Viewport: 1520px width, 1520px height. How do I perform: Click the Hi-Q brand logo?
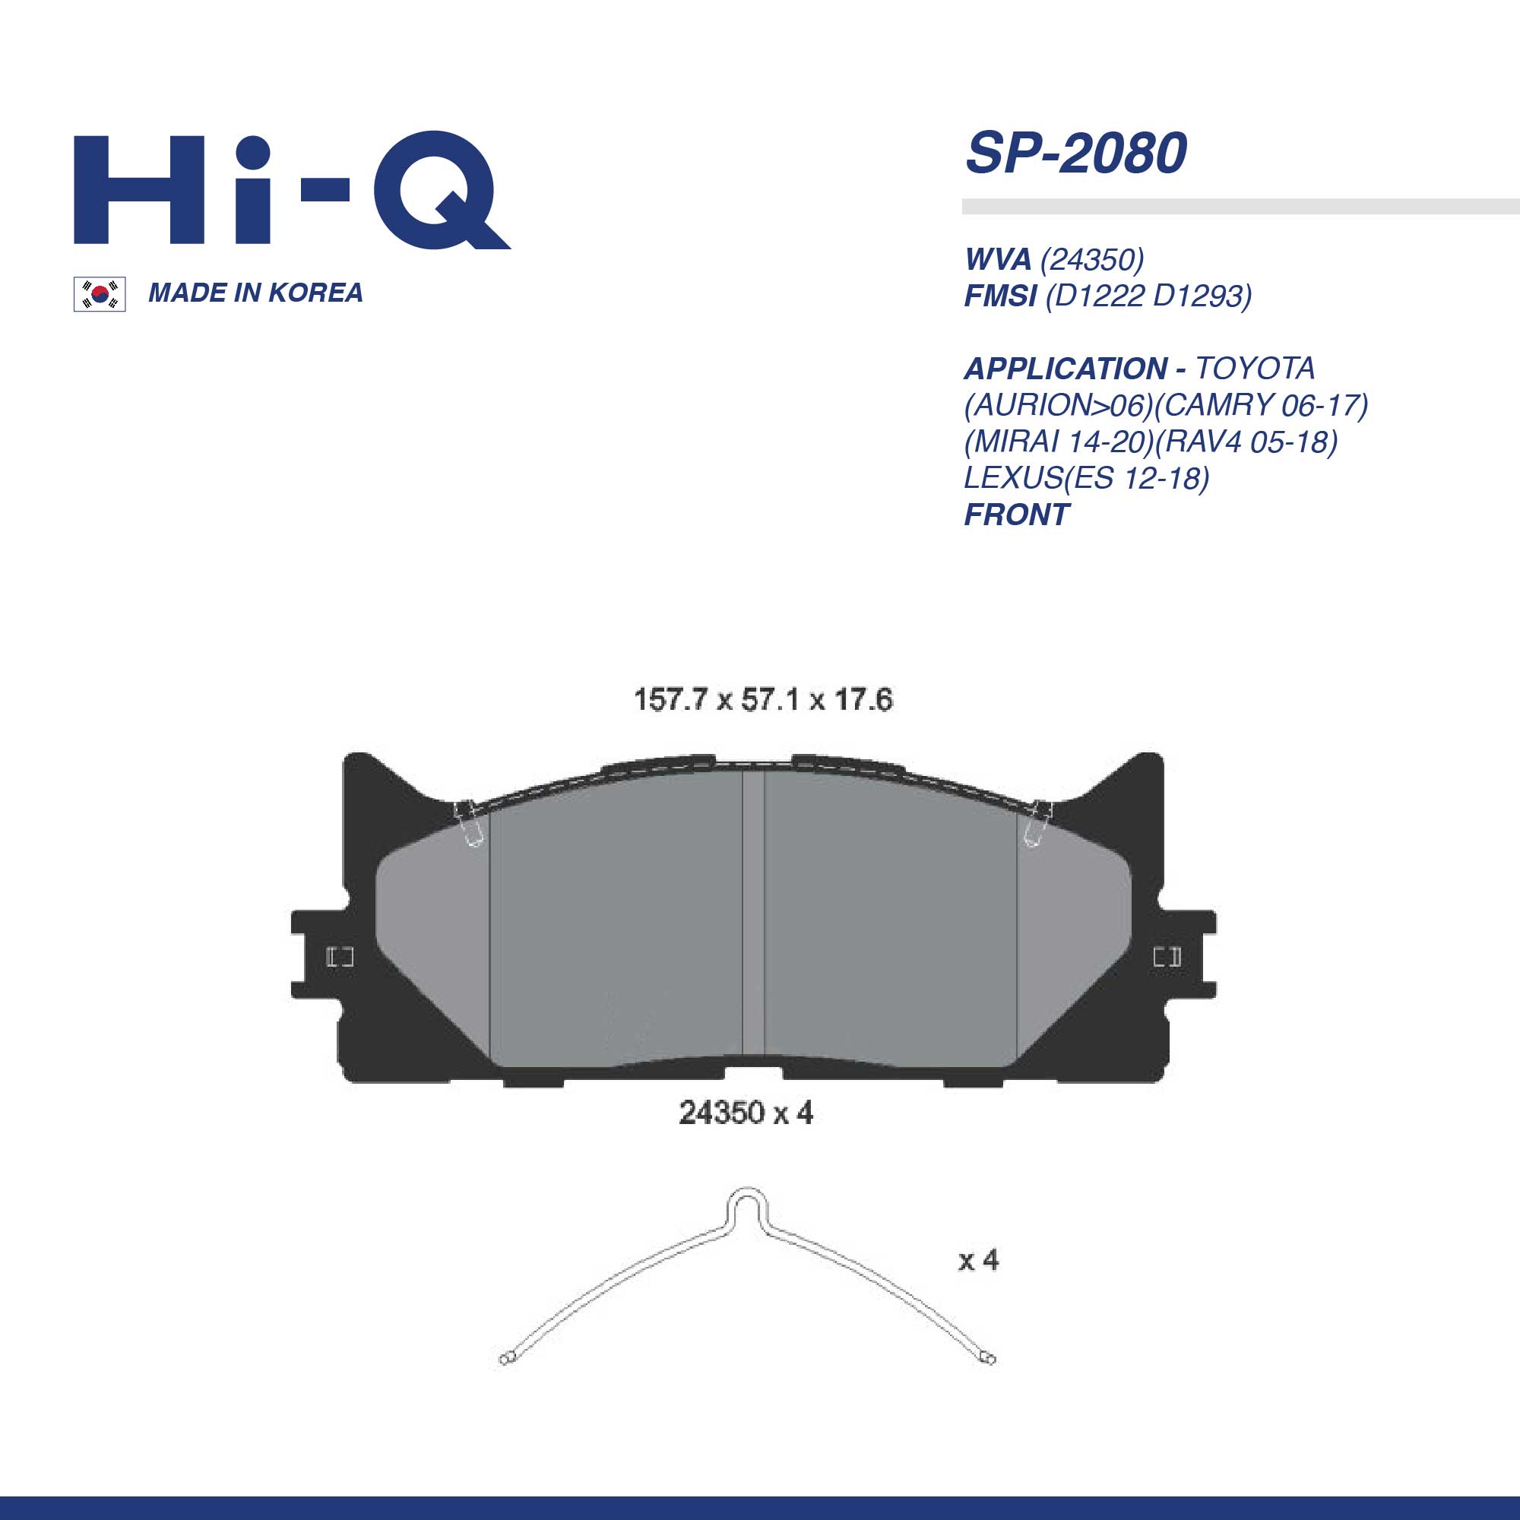pyautogui.click(x=291, y=191)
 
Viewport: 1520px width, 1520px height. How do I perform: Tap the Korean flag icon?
pyautogui.click(x=99, y=294)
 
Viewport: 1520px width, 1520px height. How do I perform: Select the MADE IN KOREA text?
pyautogui.click(x=255, y=293)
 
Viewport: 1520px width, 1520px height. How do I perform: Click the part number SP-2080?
pyautogui.click(x=1075, y=154)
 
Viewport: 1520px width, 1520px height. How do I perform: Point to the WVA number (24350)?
pyautogui.click(x=1092, y=259)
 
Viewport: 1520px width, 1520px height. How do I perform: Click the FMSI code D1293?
pyautogui.click(x=1201, y=296)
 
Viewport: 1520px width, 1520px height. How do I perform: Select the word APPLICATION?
pyautogui.click(x=1066, y=368)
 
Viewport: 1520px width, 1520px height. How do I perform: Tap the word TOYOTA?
pyautogui.click(x=1255, y=368)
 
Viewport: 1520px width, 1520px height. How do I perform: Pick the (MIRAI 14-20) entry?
pyautogui.click(x=1059, y=442)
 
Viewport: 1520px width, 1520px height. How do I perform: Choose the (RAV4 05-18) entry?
pyautogui.click(x=1246, y=442)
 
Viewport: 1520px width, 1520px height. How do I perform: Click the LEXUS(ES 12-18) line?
pyautogui.click(x=1087, y=477)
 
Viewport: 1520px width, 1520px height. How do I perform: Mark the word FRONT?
pyautogui.click(x=1016, y=515)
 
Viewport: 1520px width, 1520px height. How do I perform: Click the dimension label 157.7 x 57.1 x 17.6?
pyautogui.click(x=763, y=699)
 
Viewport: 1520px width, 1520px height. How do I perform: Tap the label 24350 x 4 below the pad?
pyautogui.click(x=745, y=1113)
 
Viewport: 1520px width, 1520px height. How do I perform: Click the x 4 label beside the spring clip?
pyautogui.click(x=978, y=1260)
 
